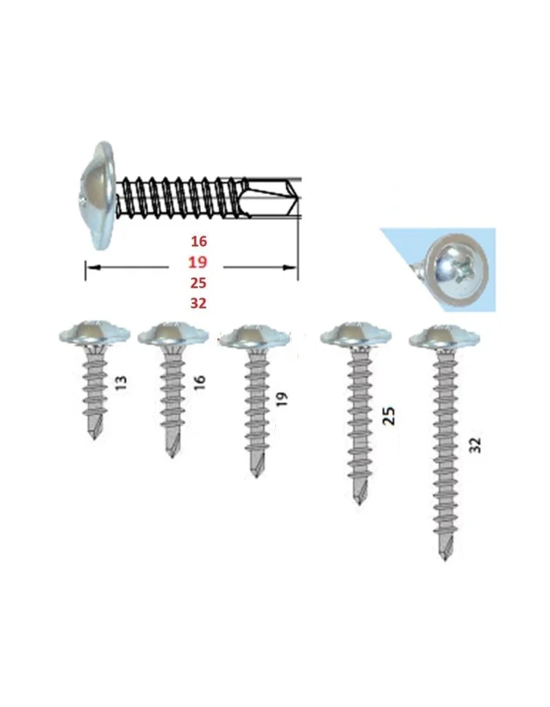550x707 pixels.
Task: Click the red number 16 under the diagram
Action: [198, 242]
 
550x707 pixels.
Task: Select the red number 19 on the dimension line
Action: [198, 262]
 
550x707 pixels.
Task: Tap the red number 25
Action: [198, 283]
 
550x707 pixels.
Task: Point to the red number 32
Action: [198, 303]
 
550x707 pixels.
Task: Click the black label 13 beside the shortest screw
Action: [122, 383]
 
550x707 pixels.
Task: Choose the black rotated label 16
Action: [200, 382]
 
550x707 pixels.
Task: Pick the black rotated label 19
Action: [282, 400]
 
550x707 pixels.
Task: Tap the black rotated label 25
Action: [389, 416]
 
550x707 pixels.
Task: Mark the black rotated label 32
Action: [475, 445]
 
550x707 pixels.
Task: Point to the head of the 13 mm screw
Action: [94, 335]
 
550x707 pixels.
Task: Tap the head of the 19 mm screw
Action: [256, 337]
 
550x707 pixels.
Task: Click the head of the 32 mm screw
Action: [445, 337]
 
